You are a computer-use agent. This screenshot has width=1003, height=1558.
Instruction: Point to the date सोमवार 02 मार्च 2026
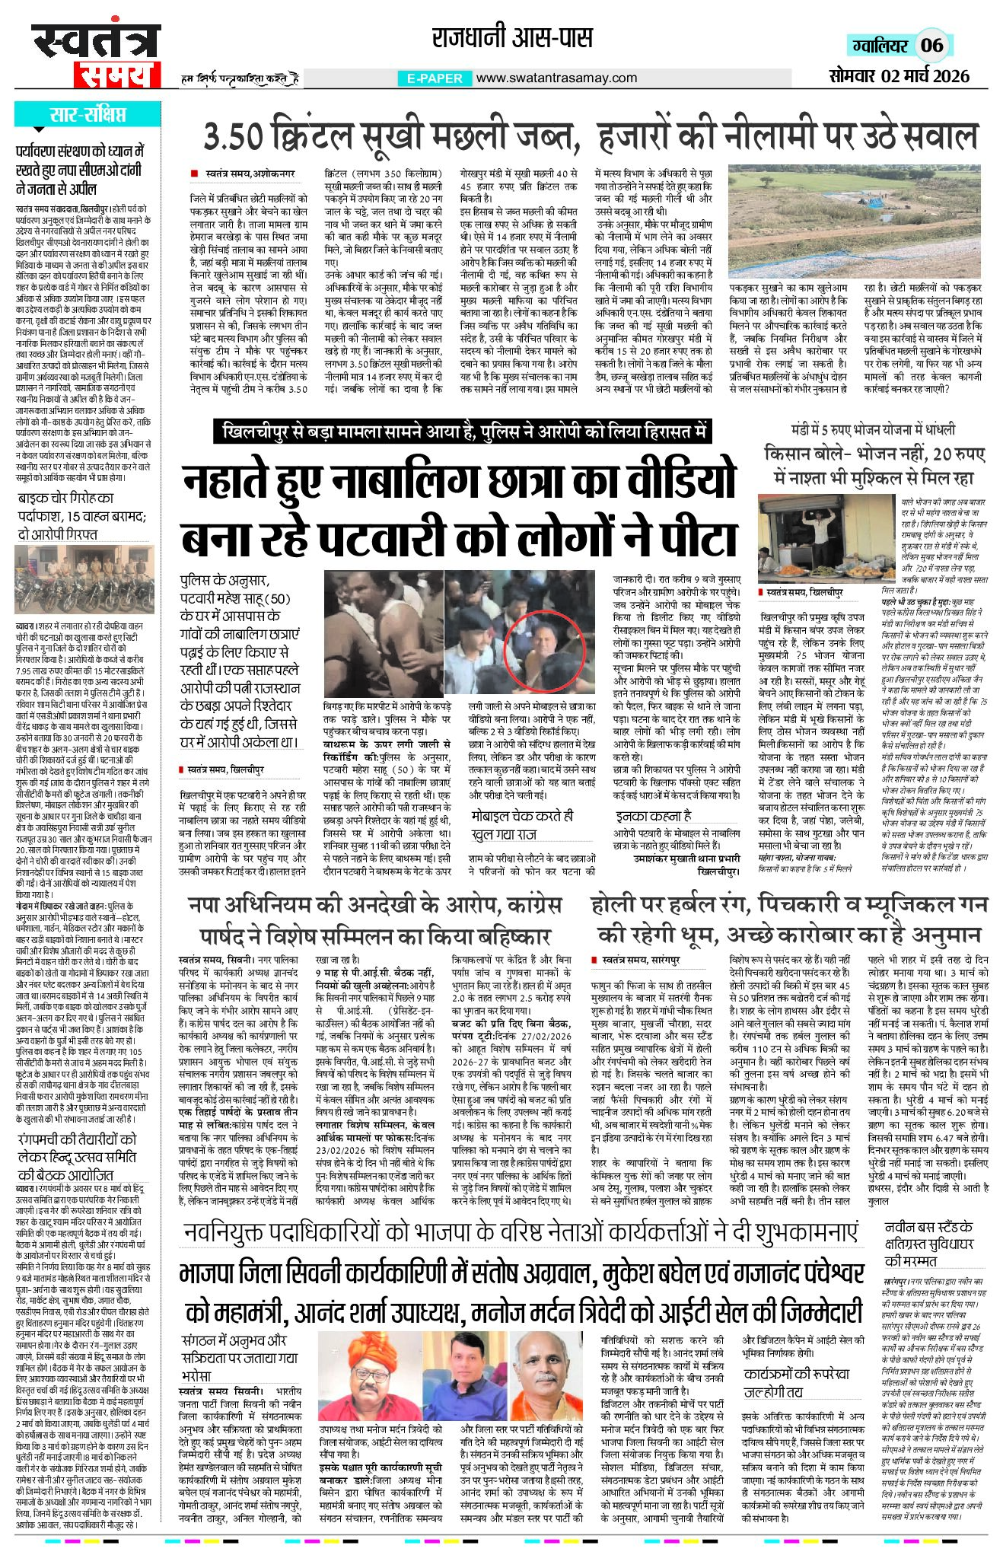point(900,75)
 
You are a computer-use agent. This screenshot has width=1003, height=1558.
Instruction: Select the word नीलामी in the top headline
point(791,137)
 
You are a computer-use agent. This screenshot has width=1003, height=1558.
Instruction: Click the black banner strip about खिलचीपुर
point(462,432)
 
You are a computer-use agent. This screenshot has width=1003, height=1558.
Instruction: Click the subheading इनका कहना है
point(653,816)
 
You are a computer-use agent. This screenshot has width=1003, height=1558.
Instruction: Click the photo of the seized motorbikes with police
point(84,581)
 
